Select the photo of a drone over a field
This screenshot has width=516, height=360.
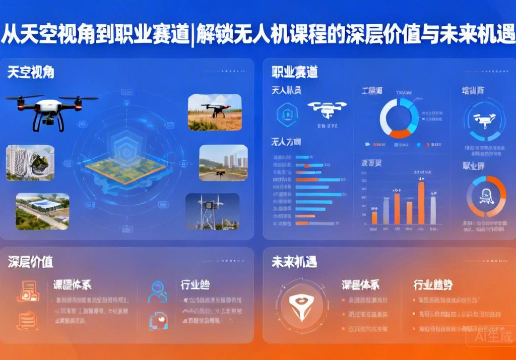215,112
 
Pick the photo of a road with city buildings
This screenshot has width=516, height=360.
223,162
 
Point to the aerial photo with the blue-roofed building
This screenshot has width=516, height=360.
42,211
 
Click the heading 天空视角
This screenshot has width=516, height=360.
31,72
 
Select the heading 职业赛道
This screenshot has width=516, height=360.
295,72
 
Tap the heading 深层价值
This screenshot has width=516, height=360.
31,262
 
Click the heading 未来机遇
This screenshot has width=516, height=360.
294,262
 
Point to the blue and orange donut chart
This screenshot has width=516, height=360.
399,117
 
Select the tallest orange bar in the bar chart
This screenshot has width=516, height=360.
421,203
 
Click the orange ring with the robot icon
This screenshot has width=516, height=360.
486,196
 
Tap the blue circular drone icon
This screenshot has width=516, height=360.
482,121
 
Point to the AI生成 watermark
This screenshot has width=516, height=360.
493,336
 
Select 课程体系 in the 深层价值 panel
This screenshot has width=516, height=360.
72,285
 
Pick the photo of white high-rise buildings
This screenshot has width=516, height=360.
30,163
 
